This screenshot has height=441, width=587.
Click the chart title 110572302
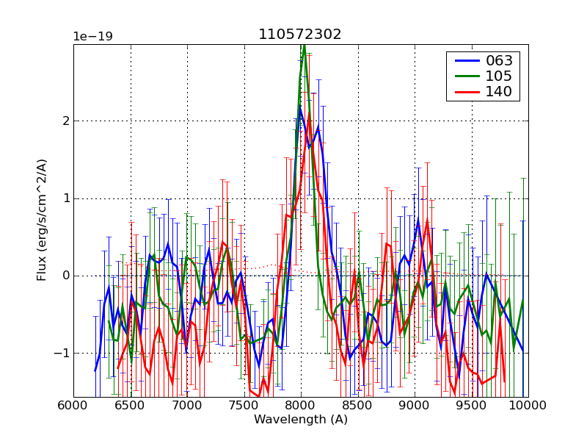click(299, 35)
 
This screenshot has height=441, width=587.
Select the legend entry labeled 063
click(499, 60)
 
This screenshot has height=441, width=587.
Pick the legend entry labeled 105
click(499, 76)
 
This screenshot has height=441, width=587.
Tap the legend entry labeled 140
click(499, 92)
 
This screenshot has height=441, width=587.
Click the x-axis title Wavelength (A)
click(301, 420)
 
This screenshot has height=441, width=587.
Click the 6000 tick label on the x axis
click(73, 404)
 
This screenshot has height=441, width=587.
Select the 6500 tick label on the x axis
click(131, 404)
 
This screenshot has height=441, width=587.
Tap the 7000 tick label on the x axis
click(187, 404)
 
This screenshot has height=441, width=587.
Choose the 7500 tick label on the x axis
click(244, 404)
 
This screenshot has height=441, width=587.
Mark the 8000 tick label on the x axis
click(301, 404)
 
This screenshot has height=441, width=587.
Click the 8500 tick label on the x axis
click(358, 404)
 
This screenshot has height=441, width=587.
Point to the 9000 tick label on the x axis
click(415, 404)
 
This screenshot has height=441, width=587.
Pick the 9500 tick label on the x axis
click(472, 404)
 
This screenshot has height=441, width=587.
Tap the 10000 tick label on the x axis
click(527, 404)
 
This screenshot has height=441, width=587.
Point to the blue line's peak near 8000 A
click(299, 107)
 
